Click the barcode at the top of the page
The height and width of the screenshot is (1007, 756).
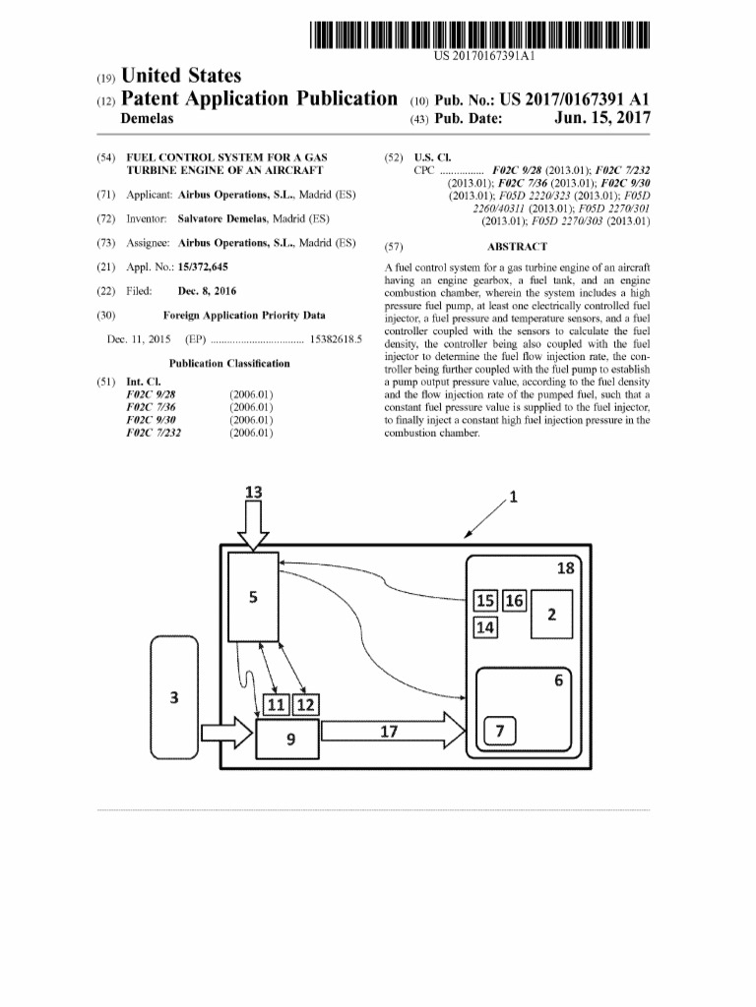click(x=479, y=34)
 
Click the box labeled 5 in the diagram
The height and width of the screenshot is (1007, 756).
click(x=253, y=597)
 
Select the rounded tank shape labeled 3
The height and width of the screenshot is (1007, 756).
click(x=174, y=697)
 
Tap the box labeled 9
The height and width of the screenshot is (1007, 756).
click(x=287, y=740)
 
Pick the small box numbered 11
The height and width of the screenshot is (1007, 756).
click(x=277, y=705)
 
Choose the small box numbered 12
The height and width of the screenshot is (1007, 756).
click(x=305, y=705)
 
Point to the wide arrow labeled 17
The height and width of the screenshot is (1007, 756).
click(x=393, y=731)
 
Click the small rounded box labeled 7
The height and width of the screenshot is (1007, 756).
click(x=499, y=731)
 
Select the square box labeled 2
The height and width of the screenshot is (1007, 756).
click(x=551, y=614)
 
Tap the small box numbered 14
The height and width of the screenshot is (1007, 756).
click(x=485, y=626)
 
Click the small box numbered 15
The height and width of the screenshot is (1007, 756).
click(x=485, y=601)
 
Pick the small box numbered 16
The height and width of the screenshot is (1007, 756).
click(x=514, y=601)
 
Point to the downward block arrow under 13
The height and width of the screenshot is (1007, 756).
click(x=253, y=526)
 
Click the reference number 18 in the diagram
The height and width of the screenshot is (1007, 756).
click(x=566, y=567)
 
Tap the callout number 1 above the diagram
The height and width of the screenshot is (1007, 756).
click(x=513, y=497)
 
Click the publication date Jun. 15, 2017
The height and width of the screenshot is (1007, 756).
click(x=602, y=118)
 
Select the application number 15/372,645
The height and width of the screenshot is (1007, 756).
click(x=203, y=267)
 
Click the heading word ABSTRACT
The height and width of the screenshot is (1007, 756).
click(x=517, y=247)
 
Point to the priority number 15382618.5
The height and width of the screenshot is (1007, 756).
click(x=336, y=339)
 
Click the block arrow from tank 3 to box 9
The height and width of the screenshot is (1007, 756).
click(x=227, y=733)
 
